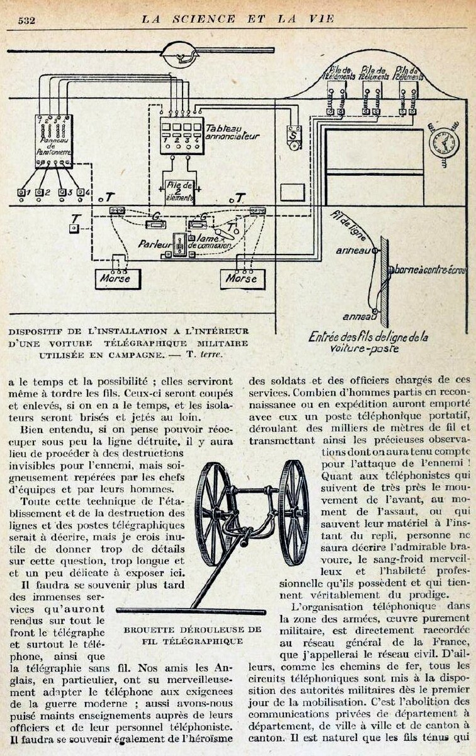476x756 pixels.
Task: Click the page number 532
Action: click(x=26, y=21)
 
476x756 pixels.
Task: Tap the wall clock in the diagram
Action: click(x=444, y=142)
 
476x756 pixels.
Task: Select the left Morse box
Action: click(x=118, y=278)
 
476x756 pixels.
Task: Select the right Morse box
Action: click(x=243, y=279)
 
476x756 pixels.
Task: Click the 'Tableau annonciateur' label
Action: click(x=232, y=132)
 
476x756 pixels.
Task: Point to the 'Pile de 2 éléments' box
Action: click(x=180, y=192)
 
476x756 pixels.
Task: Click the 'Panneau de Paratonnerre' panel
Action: click(x=54, y=141)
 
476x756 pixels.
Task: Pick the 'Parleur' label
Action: click(x=154, y=244)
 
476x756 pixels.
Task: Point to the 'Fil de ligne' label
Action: click(x=348, y=226)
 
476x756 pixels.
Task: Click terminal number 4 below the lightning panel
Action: click(x=81, y=192)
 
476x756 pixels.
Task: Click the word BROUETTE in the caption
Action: click(x=150, y=630)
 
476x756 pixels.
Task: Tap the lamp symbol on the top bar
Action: click(x=179, y=55)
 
